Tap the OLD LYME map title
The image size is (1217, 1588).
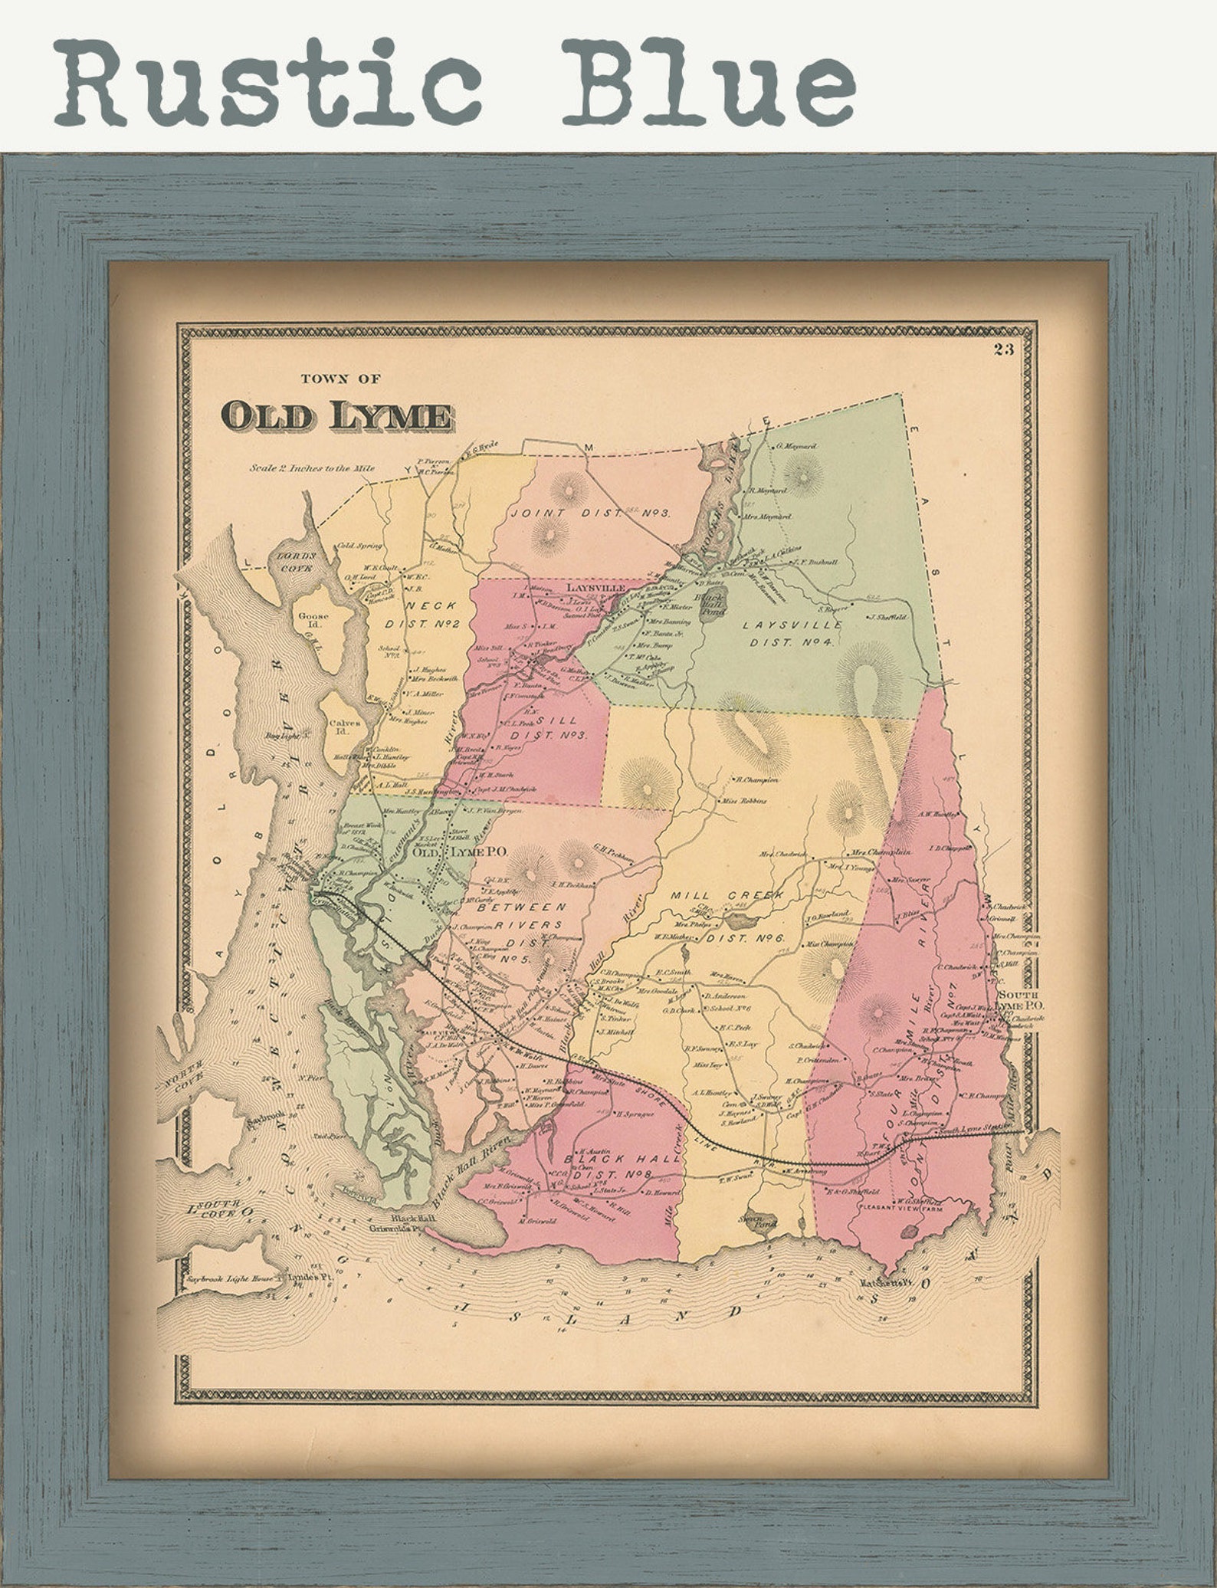click(x=336, y=415)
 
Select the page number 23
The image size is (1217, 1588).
click(x=1003, y=350)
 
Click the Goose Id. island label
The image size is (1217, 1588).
click(x=314, y=619)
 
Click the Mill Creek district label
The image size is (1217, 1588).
click(x=726, y=895)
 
